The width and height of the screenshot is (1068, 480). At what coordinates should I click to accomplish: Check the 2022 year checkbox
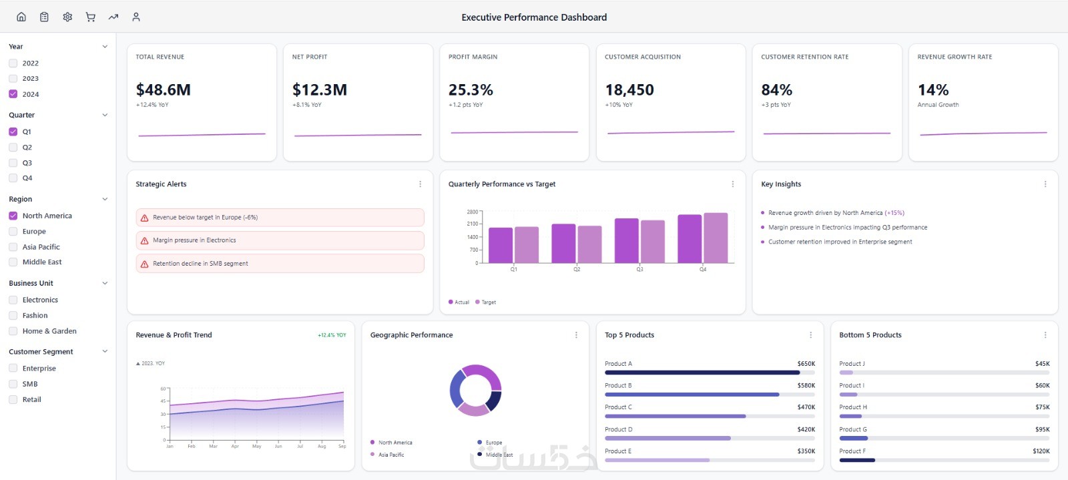coord(13,63)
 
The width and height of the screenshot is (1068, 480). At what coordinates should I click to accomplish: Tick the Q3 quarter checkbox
coord(13,163)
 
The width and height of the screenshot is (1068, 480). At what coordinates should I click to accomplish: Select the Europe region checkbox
coord(13,232)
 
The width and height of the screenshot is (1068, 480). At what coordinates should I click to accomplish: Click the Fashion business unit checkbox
coord(13,316)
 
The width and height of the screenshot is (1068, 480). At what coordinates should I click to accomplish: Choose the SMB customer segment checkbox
coord(13,384)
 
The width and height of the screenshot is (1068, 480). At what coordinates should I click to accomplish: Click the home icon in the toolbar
coord(21,17)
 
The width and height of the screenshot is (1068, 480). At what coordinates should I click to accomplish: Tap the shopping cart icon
coord(90,17)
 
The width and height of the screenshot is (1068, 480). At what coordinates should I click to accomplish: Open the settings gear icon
coord(67,17)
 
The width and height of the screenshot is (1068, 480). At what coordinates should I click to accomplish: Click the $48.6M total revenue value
coord(164,90)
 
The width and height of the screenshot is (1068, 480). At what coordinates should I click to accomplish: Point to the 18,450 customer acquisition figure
coord(629,90)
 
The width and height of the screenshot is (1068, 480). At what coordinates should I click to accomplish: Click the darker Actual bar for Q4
coord(690,239)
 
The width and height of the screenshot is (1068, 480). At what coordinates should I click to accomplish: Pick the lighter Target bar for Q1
coord(527,245)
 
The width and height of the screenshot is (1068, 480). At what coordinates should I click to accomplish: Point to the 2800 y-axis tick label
coord(472,212)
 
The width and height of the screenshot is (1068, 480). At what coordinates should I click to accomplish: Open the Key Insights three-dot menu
coord(1045,184)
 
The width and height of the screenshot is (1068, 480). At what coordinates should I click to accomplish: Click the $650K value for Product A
coord(806,364)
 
